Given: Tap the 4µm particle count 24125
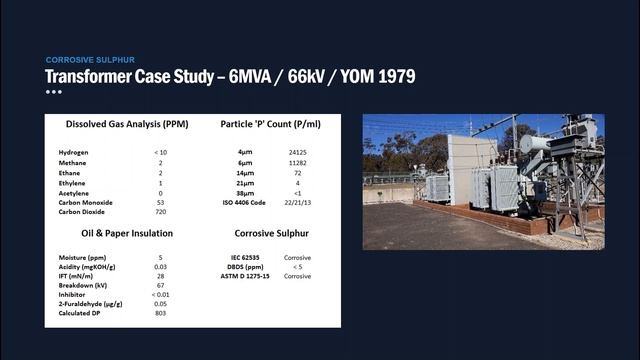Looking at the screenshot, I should coord(297,151).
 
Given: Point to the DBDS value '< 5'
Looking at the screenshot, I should coord(297,267).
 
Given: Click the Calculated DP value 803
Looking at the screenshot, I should coord(160,312).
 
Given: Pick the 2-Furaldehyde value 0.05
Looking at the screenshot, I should coord(160,303).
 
